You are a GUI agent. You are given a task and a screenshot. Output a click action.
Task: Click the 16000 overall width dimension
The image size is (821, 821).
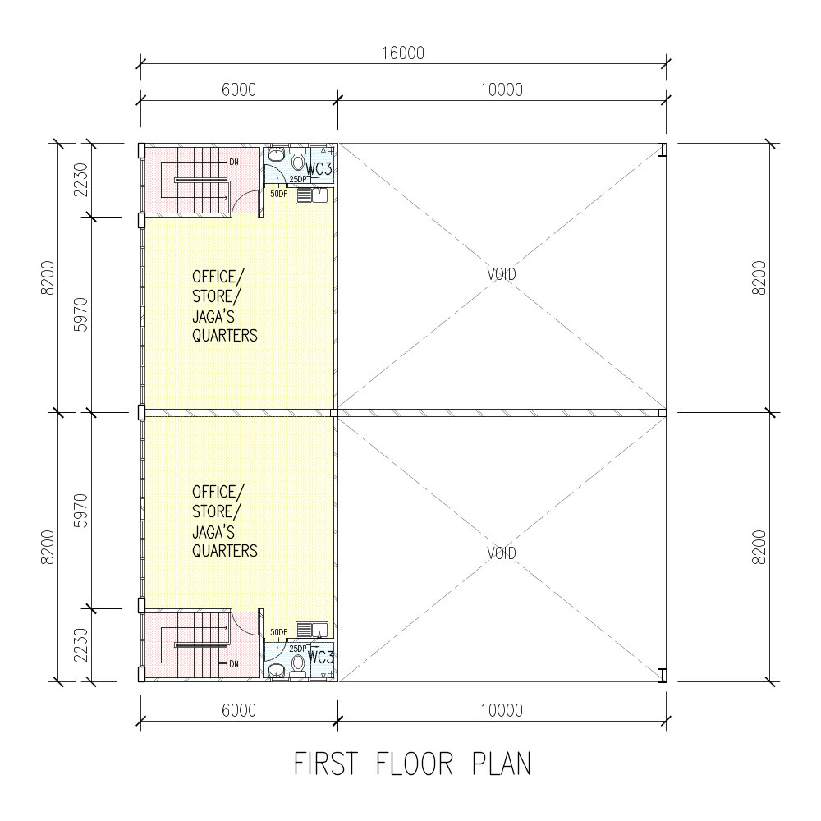(x=402, y=53)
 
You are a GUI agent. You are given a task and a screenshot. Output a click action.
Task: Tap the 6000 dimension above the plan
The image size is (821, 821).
(x=239, y=90)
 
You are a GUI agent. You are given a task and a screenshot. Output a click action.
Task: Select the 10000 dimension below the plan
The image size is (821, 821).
(x=502, y=710)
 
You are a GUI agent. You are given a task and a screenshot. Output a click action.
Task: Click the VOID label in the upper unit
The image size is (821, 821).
(x=501, y=274)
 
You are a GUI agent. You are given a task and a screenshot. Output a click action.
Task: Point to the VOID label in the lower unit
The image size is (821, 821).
(x=501, y=553)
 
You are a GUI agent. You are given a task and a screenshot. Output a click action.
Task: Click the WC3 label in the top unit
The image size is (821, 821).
(x=319, y=169)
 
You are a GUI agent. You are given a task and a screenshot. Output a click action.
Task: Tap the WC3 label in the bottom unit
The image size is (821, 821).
(x=320, y=657)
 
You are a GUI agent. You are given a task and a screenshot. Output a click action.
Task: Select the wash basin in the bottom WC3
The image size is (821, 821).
(x=275, y=670)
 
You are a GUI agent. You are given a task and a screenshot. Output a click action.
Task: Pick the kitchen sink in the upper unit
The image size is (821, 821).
(x=312, y=195)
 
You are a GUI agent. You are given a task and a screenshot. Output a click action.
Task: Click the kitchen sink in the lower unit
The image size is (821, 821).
(x=312, y=630)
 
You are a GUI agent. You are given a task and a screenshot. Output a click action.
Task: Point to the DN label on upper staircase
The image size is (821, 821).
(x=234, y=162)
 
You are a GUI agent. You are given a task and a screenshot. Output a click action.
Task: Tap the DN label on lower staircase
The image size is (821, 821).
(x=234, y=664)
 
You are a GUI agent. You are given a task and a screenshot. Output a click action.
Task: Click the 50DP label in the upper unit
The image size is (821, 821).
(x=279, y=194)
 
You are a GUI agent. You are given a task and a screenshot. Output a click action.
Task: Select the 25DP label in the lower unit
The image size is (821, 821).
(x=298, y=649)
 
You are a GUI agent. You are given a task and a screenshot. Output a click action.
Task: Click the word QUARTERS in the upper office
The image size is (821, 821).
(x=225, y=336)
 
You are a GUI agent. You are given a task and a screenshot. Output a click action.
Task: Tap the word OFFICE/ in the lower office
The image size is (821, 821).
(x=218, y=492)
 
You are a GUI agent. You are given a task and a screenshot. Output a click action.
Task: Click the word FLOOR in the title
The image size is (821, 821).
(x=414, y=764)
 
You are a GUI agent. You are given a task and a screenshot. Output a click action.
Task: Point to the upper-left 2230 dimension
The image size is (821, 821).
(x=81, y=180)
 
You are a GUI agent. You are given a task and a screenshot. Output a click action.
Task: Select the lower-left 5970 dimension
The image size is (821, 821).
(x=81, y=511)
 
